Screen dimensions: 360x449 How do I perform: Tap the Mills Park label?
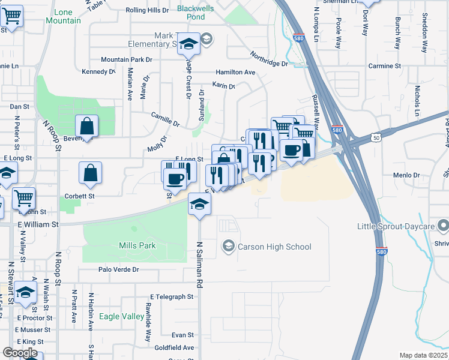pyautogui.click(x=137, y=245)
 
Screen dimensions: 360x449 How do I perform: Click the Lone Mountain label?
pyautogui.click(x=67, y=16)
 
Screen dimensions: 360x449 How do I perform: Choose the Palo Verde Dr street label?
pyautogui.click(x=119, y=270)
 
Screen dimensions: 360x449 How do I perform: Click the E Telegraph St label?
pyautogui.click(x=172, y=296)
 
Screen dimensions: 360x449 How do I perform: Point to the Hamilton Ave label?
pyautogui.click(x=236, y=72)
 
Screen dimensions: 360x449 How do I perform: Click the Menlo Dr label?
pyautogui.click(x=406, y=175)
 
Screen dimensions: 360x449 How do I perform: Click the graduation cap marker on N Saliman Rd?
pyautogui.click(x=199, y=204)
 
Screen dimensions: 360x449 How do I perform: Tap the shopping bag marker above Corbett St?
pyautogui.click(x=90, y=173)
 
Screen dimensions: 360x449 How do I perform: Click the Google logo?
pyautogui.click(x=20, y=353)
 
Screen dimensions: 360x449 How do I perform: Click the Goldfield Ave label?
pyautogui.click(x=174, y=347)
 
